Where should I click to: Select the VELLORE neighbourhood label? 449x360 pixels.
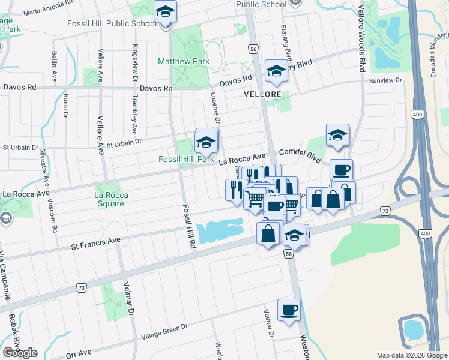click(262, 95)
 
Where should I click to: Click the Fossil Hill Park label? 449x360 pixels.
click(185, 160)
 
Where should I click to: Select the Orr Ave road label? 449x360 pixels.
click(79, 353)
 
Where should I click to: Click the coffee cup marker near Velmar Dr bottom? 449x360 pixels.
click(289, 310)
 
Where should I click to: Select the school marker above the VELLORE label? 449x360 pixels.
click(276, 71)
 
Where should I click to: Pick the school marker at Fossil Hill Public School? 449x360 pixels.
click(165, 11)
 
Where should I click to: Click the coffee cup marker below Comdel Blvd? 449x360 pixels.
click(341, 170)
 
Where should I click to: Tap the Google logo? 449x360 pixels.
click(20, 353)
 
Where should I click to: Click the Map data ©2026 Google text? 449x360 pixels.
click(412, 355)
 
